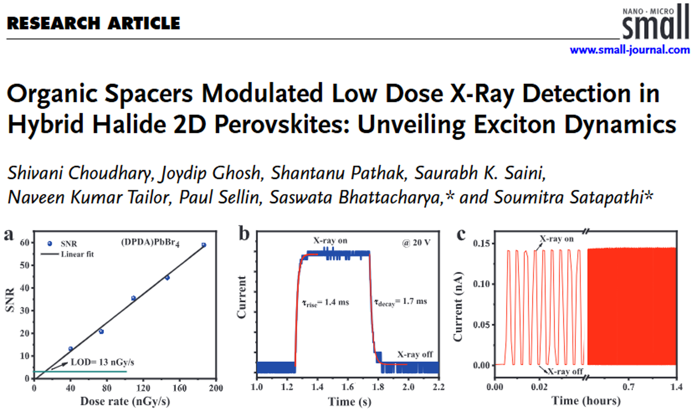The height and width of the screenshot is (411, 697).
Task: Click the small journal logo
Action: click(x=655, y=22)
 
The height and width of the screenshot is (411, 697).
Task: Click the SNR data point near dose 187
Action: click(x=204, y=245)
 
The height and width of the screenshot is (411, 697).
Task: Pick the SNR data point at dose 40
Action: click(x=71, y=349)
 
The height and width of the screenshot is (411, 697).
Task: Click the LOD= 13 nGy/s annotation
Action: click(x=102, y=362)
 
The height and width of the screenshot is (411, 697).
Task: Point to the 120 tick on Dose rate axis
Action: click(x=143, y=388)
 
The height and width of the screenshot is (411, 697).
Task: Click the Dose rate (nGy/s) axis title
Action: click(x=125, y=401)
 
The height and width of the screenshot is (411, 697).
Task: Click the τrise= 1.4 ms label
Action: click(x=326, y=302)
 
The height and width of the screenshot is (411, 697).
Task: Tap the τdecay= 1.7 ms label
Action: click(x=401, y=302)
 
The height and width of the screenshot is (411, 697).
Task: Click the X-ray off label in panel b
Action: click(x=415, y=355)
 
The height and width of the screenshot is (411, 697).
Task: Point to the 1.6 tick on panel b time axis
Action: click(x=348, y=387)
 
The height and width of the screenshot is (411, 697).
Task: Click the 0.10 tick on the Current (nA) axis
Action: click(x=481, y=284)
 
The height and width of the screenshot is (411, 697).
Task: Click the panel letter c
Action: click(x=461, y=234)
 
